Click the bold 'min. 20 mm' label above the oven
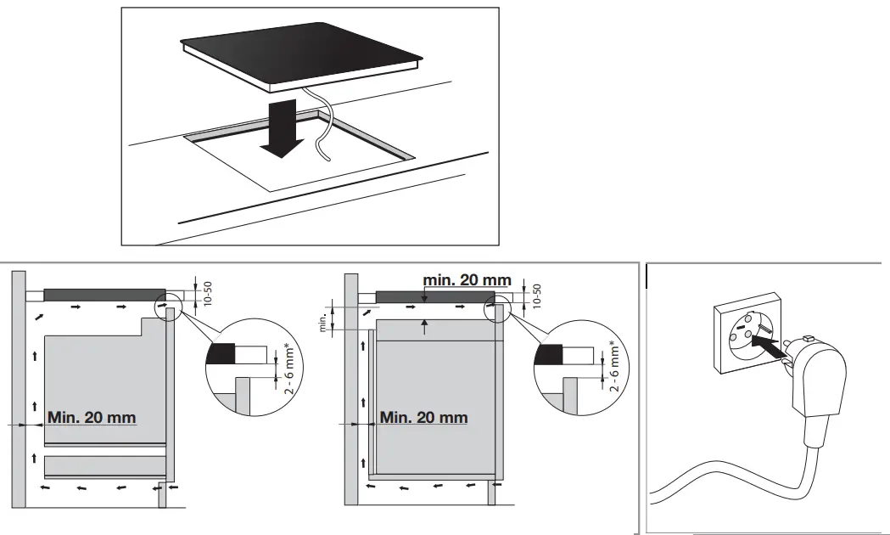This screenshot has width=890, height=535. [x=467, y=279]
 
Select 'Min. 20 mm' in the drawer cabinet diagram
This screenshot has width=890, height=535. [x=92, y=418]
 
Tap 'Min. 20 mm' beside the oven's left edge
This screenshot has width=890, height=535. [x=423, y=418]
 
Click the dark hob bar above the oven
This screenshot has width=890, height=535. [x=434, y=296]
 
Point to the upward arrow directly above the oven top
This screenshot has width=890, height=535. [x=423, y=323]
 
